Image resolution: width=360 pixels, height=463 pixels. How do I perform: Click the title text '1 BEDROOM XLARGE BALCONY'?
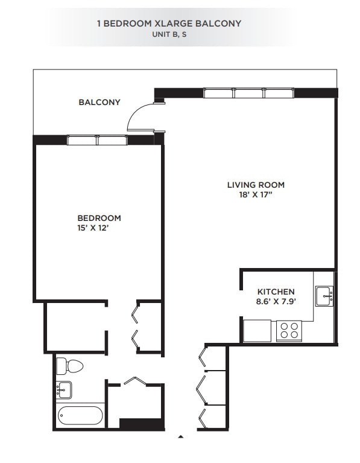[169, 24]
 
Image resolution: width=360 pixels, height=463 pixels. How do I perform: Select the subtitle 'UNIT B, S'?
[169, 34]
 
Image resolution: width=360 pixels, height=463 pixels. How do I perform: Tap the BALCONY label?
[99, 102]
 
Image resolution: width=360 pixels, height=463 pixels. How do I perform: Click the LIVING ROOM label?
[256, 185]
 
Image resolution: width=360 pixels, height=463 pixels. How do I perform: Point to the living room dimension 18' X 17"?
[256, 194]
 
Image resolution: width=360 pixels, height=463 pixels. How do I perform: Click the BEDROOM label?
[99, 218]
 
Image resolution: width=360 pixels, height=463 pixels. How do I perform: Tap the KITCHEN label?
[276, 291]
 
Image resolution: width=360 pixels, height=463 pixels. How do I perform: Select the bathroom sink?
[64, 389]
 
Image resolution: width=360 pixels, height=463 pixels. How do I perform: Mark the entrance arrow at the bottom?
[180, 435]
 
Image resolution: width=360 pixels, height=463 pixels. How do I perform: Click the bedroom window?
[97, 140]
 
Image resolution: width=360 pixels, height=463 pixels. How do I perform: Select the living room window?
[248, 93]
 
